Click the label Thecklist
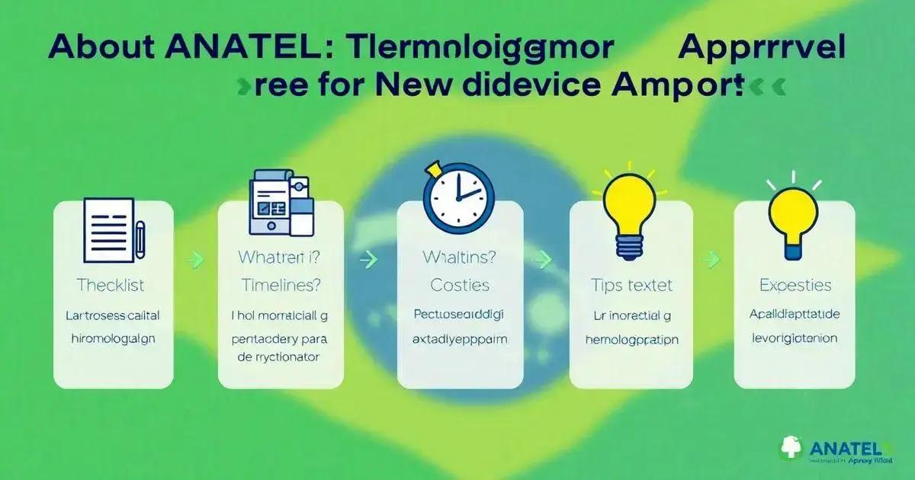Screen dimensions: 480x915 pyautogui.click(x=111, y=286)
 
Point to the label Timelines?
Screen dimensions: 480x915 pyautogui.click(x=281, y=286)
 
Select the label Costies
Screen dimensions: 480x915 pyautogui.click(x=459, y=285)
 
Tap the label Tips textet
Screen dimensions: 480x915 pyautogui.click(x=631, y=286)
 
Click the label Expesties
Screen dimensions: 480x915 pyautogui.click(x=795, y=286)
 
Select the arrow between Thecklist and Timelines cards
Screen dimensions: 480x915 pyautogui.click(x=196, y=260)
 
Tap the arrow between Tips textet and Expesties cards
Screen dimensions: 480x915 pyautogui.click(x=712, y=260)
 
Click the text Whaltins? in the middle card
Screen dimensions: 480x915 pyautogui.click(x=459, y=258)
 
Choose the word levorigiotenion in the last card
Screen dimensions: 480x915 pyautogui.click(x=795, y=338)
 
